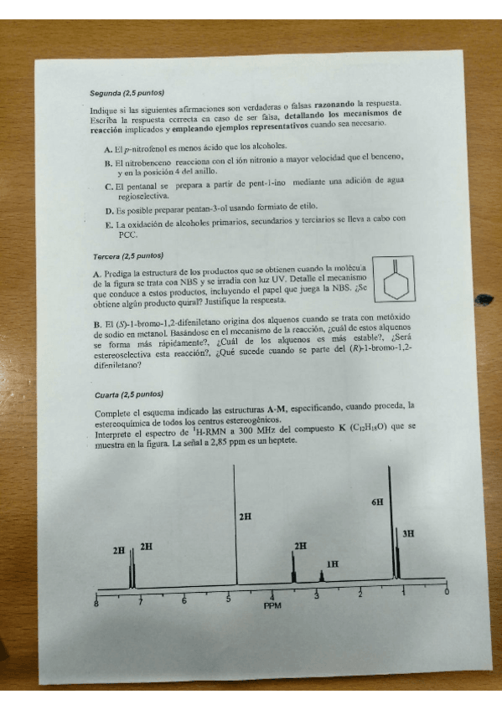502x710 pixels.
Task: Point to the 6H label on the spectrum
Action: point(377,502)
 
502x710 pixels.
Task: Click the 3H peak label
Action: point(408,533)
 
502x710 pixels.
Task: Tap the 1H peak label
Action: point(332,564)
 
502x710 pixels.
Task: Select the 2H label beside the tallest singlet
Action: point(245,517)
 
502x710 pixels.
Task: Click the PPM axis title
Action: point(273,605)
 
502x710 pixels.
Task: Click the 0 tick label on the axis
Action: point(446,594)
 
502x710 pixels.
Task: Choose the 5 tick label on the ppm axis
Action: point(228,597)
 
